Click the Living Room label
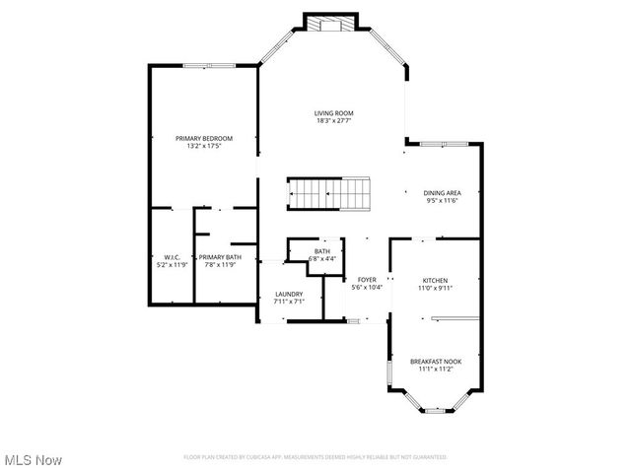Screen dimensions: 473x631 point(334,113)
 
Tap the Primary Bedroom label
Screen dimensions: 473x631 point(204,138)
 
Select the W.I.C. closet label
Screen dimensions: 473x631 point(172,256)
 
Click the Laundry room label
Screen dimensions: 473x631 point(289,294)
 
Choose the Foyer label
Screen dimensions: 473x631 point(367,280)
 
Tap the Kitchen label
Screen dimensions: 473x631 point(436,280)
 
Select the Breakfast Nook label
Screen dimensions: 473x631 point(436,362)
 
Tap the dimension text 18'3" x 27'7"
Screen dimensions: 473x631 point(334,121)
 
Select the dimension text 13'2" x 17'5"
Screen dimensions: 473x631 point(204,146)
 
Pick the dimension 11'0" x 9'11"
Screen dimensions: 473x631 point(436,288)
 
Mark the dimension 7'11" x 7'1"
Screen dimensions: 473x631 point(289,302)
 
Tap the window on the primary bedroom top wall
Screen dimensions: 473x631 point(208,66)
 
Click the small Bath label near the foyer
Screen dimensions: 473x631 point(322,251)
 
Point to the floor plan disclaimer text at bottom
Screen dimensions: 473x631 point(315,457)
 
